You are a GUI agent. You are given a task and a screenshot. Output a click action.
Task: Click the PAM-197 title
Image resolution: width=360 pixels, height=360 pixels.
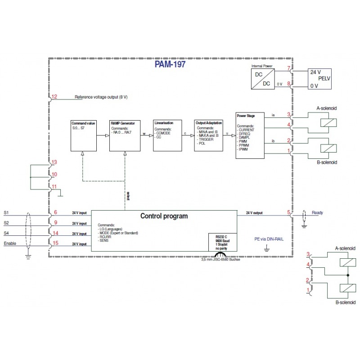(170, 64)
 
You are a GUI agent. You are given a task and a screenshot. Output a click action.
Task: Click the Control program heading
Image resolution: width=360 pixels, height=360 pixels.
(164, 216)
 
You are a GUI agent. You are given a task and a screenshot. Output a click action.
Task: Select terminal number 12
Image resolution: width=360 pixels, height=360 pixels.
(54, 97)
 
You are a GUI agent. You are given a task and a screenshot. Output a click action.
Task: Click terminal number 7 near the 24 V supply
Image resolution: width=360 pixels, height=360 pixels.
(288, 68)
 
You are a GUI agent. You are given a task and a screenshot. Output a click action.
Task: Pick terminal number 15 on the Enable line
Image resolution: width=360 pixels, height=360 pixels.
(55, 243)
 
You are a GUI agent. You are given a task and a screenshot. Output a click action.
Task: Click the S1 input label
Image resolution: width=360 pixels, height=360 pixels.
(6, 212)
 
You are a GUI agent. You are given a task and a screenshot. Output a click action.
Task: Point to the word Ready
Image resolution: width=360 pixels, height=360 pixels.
(317, 213)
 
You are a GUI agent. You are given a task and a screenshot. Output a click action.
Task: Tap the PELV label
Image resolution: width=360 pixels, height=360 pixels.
(324, 78)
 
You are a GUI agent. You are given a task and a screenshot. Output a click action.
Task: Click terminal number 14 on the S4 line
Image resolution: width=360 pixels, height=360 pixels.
(55, 233)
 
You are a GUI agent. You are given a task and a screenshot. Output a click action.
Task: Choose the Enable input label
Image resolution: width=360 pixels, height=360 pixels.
(10, 243)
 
